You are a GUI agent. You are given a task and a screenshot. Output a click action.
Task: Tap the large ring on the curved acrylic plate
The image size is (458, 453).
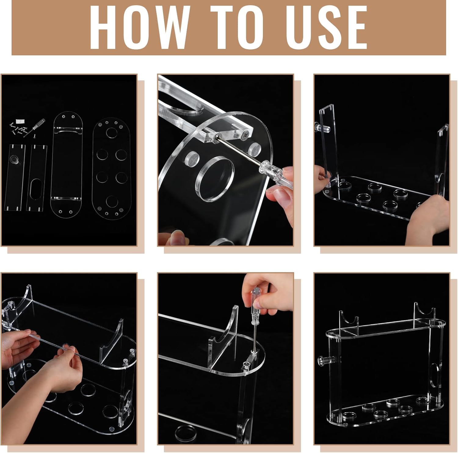(x=215, y=179)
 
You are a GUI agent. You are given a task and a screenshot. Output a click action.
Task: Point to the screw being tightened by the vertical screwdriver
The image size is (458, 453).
(x=247, y=364)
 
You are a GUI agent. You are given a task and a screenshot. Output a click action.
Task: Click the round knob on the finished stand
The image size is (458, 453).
(x=324, y=360)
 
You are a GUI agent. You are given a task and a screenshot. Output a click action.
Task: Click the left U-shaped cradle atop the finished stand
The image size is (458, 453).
(x=349, y=321)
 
